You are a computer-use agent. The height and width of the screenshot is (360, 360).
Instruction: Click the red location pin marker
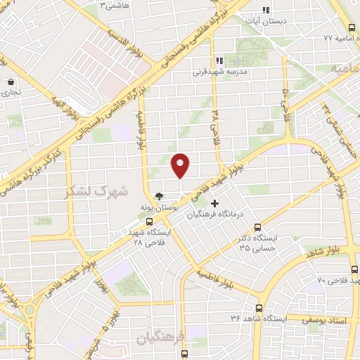tap(181, 165)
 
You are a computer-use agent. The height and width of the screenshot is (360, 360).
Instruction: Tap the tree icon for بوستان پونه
tap(160, 198)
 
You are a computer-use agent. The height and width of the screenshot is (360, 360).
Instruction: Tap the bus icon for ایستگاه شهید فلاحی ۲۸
tap(148, 221)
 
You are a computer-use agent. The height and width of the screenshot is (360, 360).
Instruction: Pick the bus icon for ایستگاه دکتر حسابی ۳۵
tap(258, 227)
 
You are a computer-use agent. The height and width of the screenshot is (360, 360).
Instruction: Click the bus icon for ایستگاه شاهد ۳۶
tap(259, 308)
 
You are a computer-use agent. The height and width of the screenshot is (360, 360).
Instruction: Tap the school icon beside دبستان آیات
tap(266, 10)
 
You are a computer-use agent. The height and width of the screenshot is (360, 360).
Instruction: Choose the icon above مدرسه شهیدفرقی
tap(219, 60)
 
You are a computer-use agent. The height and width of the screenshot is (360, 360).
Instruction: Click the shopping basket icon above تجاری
tap(11, 82)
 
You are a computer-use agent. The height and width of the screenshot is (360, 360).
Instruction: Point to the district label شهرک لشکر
tap(96, 191)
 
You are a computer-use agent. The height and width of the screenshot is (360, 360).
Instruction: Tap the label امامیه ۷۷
tap(336, 37)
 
